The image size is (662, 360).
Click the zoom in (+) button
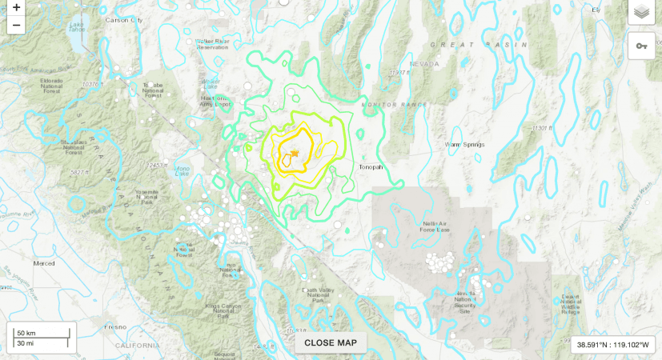(16, 7)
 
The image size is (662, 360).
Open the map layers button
(640, 12)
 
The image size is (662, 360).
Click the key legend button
(640, 46)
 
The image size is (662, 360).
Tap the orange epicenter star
(295, 153)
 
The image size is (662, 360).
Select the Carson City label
(122, 19)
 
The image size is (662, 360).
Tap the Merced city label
(44, 262)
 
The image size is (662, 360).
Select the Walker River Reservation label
(213, 43)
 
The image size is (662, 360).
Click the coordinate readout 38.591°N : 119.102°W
(613, 344)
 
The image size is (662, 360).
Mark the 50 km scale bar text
(26, 332)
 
